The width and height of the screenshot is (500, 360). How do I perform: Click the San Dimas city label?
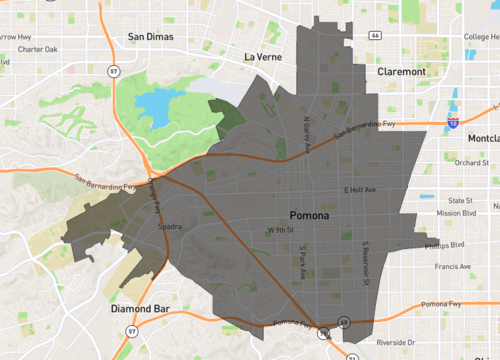tap(151, 37)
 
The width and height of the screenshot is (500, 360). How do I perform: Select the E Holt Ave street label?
tap(360, 190)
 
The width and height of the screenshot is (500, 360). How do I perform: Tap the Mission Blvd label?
tap(455, 213)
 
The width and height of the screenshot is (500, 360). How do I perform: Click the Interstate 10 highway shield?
tap(453, 123)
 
